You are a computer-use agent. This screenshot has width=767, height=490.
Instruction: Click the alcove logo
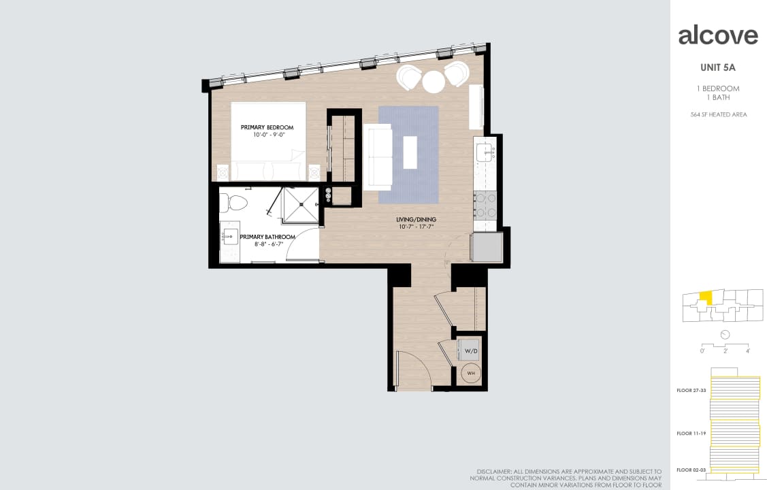pyautogui.click(x=718, y=35)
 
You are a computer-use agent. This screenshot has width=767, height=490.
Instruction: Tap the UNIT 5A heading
pyautogui.click(x=718, y=67)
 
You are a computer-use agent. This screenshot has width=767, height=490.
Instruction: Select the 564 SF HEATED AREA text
pyautogui.click(x=718, y=114)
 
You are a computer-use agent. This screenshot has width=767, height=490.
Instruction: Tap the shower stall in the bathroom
pyautogui.click(x=300, y=205)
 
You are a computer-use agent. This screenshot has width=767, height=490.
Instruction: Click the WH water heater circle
pyautogui.click(x=470, y=373)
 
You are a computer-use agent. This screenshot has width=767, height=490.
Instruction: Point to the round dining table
pyautogui.click(x=434, y=82)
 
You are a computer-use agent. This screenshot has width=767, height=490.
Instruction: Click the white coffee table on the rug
pyautogui.click(x=410, y=152)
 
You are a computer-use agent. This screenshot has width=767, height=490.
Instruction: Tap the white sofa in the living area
pyautogui.click(x=378, y=157)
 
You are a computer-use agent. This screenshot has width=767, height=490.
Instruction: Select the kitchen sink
pyautogui.click(x=485, y=151)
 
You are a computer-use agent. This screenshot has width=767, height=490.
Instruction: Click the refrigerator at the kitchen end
pyautogui.click(x=487, y=247)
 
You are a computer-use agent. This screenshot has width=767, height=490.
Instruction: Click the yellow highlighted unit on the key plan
pyautogui.click(x=707, y=297)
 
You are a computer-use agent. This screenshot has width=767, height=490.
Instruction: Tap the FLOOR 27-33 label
pyautogui.click(x=691, y=391)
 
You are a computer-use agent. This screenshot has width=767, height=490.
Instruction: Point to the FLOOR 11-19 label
pyautogui.click(x=691, y=433)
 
